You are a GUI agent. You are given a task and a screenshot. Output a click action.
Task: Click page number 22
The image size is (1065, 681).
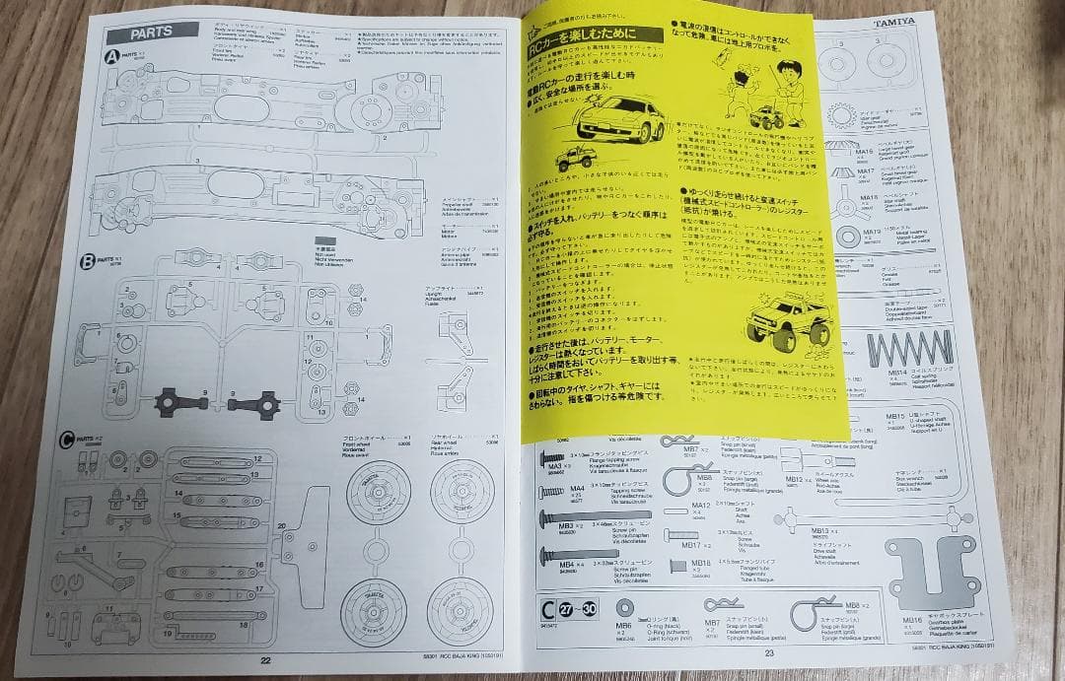click(264, 661)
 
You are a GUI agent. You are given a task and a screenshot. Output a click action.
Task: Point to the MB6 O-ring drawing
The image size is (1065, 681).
click(624, 607)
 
